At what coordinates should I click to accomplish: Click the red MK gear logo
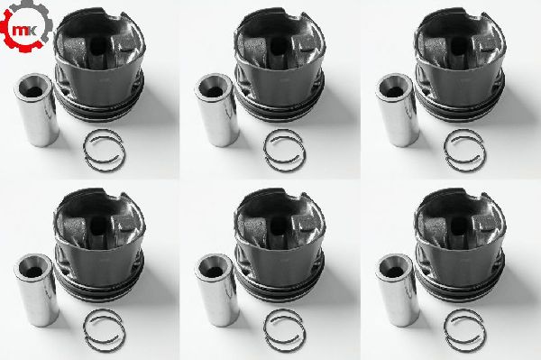(x=26, y=26)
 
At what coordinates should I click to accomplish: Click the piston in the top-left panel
(x=99, y=65)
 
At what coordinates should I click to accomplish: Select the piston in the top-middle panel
(x=280, y=65)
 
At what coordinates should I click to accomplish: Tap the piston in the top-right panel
(x=460, y=65)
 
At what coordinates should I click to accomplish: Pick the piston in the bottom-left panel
(x=99, y=245)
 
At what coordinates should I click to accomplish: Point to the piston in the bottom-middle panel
(x=280, y=245)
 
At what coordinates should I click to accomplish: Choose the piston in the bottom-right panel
(x=460, y=245)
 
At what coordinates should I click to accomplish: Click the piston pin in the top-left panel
(x=36, y=110)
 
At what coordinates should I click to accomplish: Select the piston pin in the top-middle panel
(x=216, y=110)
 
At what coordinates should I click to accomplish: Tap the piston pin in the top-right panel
(x=397, y=110)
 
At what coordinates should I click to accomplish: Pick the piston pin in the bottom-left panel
(x=36, y=291)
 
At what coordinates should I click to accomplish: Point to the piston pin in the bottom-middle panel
(x=216, y=291)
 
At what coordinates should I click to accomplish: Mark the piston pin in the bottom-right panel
(x=397, y=291)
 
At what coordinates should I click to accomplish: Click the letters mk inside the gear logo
(x=23, y=30)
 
